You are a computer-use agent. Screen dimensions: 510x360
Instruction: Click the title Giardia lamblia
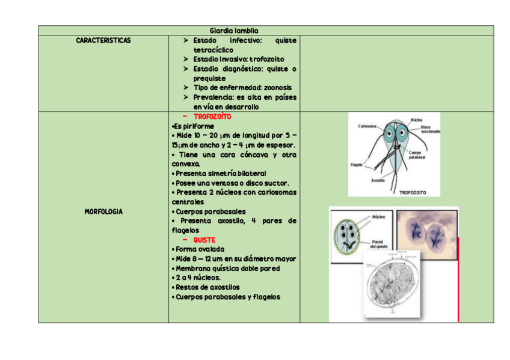pos(234,31)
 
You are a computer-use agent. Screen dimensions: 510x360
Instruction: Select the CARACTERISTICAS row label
pos(103,40)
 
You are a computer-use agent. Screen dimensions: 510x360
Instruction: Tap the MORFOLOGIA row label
pos(103,212)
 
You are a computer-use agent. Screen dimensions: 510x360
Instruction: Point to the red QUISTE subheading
pos(204,240)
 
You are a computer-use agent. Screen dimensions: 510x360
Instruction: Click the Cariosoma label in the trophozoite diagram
pos(367,126)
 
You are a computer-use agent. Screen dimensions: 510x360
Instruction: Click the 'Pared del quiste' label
pos(378,243)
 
